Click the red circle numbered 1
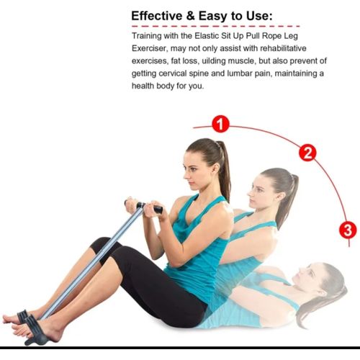point(220,124)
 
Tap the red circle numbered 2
point(307,153)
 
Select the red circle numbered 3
point(348,230)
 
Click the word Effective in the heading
point(157,16)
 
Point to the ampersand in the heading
point(191,16)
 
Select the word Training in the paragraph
point(147,36)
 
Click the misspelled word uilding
point(213,61)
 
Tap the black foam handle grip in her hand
point(158,210)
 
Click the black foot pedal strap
point(34,330)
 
